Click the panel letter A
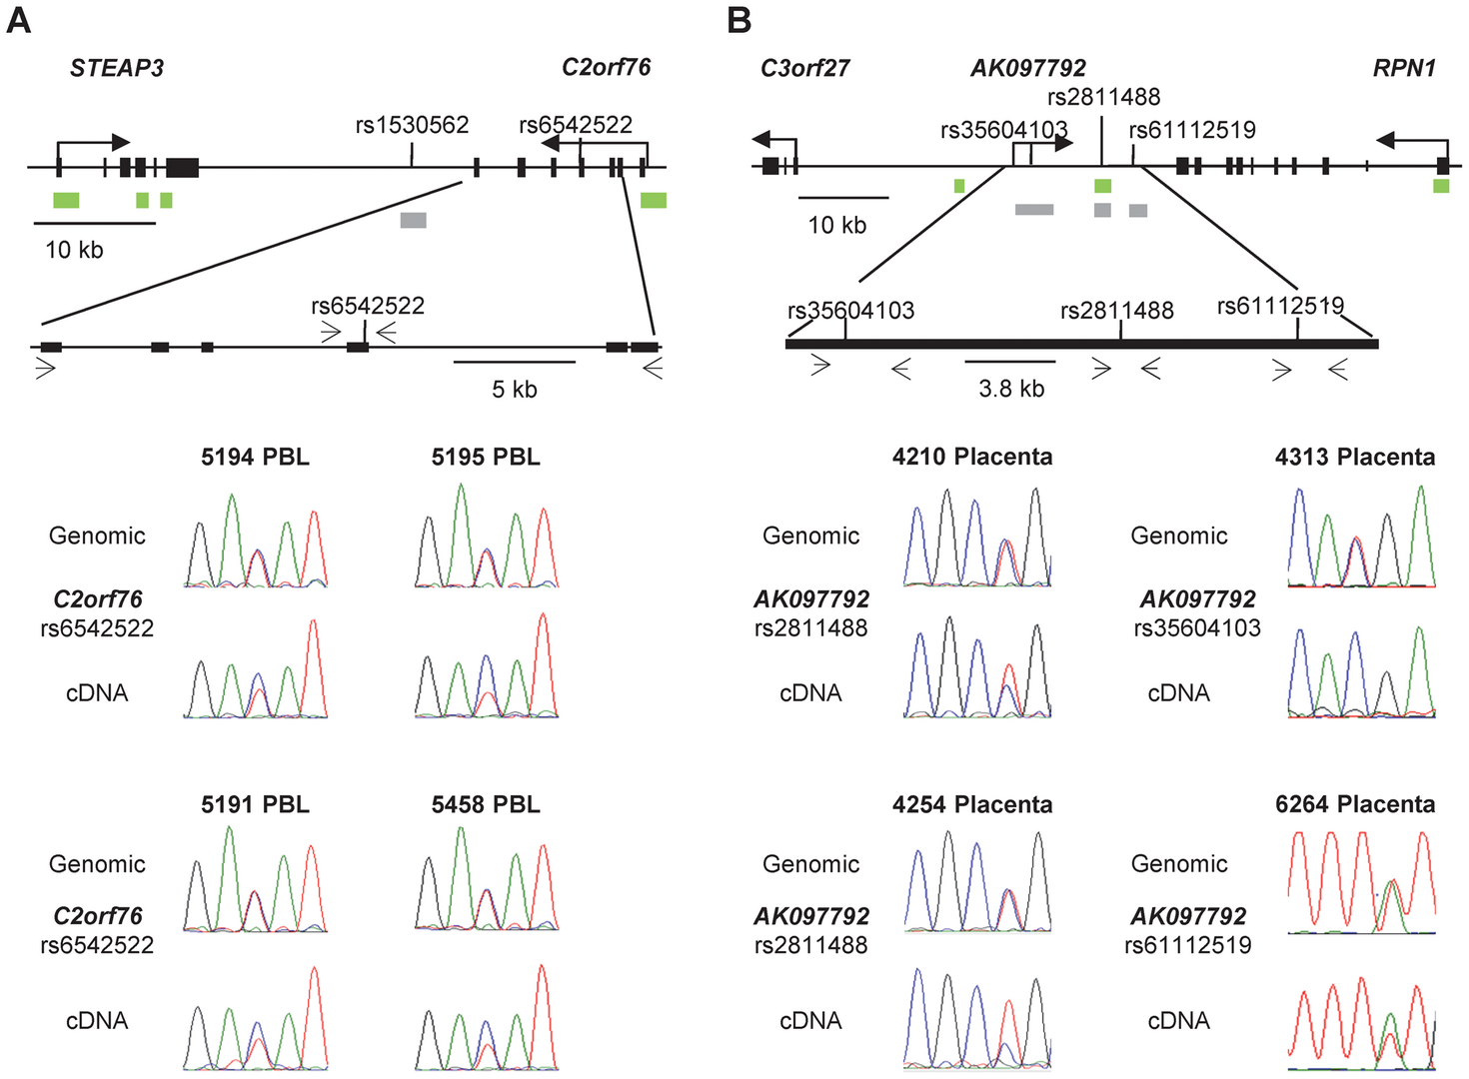pos(18,22)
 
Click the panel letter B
pos(739,22)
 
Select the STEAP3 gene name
pos(117,68)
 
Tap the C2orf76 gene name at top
pos(606,67)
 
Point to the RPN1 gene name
pos(1405,68)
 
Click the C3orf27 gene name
pos(804,68)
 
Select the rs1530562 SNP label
pos(412,125)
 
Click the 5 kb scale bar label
pos(514,390)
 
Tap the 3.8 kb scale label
pos(1011,389)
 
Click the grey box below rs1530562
pos(413,220)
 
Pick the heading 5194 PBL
pos(255,457)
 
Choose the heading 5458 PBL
pos(486,804)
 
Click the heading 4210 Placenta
pos(972,457)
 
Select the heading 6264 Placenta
pos(1355,804)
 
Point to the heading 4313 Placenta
pos(1355,457)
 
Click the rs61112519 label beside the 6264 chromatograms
pos(1187,944)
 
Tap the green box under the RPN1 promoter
pos(1441,186)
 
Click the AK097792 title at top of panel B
pos(1027,68)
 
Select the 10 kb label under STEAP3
pos(74,250)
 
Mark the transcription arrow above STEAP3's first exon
pos(94,150)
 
